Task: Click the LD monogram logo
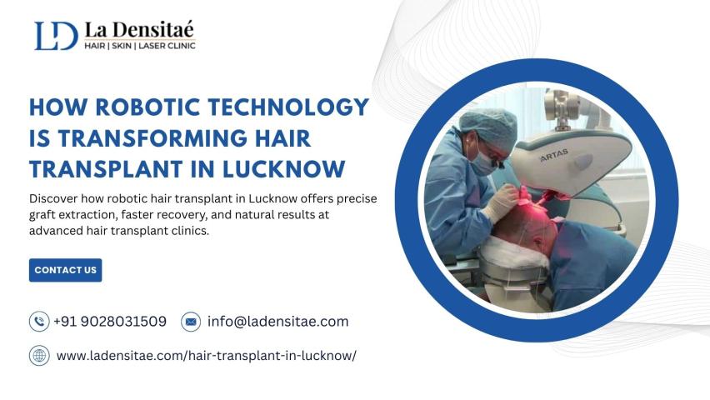pyautogui.click(x=56, y=35)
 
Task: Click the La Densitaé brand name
pyautogui.click(x=139, y=29)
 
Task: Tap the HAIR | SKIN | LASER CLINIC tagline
pyautogui.click(x=140, y=46)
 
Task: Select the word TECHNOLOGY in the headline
pyautogui.click(x=288, y=107)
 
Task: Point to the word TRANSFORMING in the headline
pyautogui.click(x=152, y=138)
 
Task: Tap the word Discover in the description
pyautogui.click(x=53, y=198)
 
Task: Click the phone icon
pyautogui.click(x=39, y=322)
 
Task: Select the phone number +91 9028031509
pyautogui.click(x=110, y=322)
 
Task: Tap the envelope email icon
pyautogui.click(x=191, y=322)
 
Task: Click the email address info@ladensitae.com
pyautogui.click(x=278, y=322)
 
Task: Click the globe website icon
pyautogui.click(x=39, y=356)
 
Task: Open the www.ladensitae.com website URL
pyautogui.click(x=207, y=356)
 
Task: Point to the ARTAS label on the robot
pyautogui.click(x=554, y=155)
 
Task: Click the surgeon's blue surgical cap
pyautogui.click(x=488, y=126)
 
